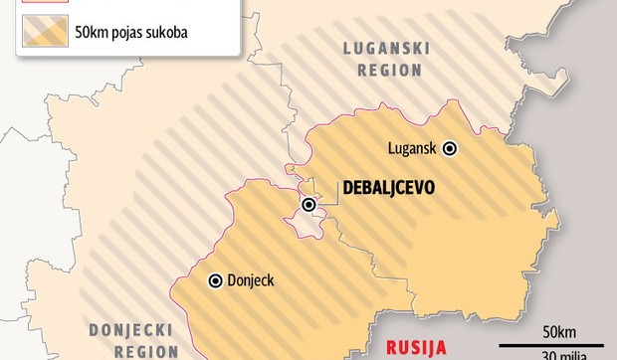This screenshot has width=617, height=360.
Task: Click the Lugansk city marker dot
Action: (449, 148)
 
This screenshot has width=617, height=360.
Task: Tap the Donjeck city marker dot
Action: (214, 281)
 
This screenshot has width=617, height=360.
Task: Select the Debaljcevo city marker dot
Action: (309, 205)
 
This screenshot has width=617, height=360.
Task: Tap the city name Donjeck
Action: (250, 281)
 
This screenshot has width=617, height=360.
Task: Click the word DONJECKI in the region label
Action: (130, 329)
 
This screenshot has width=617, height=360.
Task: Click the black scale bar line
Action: (552, 343)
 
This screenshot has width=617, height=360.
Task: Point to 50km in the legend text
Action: (91, 33)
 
